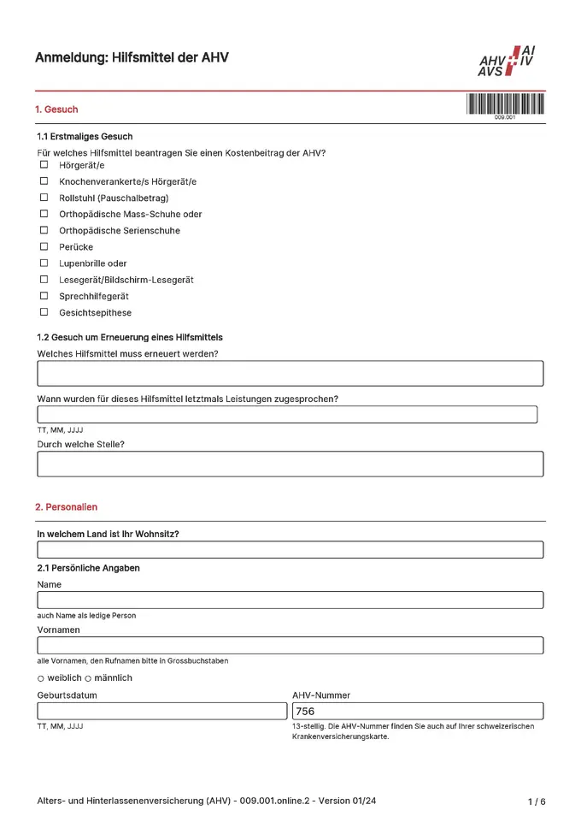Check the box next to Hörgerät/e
(x=44, y=165)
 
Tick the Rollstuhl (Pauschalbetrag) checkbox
(x=44, y=198)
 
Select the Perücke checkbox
(x=44, y=246)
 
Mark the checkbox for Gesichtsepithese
(x=44, y=312)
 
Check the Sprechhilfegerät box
(x=44, y=296)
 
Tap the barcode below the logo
(x=505, y=104)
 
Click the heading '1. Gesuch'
(x=56, y=109)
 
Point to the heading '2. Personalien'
(x=66, y=507)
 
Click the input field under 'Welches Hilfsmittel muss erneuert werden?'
(x=290, y=374)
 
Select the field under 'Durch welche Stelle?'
(x=290, y=464)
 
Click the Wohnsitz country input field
(x=290, y=550)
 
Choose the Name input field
(x=290, y=600)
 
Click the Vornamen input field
(x=290, y=646)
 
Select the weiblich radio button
(x=40, y=678)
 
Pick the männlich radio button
(x=87, y=678)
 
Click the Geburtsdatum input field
(x=161, y=711)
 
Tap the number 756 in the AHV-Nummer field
(x=305, y=712)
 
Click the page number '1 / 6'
(x=537, y=801)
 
